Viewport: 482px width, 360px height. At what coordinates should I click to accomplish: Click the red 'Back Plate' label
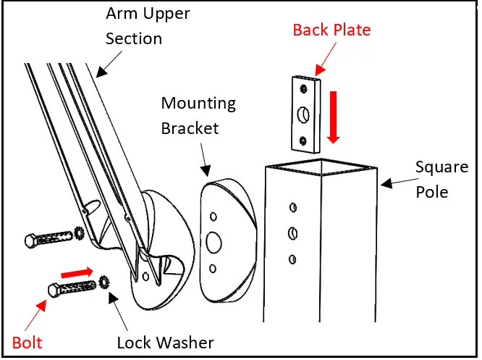click(331, 30)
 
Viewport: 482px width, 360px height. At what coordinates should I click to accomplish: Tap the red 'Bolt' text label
click(28, 341)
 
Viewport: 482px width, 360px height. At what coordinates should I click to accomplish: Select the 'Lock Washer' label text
click(165, 341)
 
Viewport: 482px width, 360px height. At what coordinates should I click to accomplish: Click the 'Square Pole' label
click(441, 179)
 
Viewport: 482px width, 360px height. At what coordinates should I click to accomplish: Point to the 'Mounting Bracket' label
click(198, 115)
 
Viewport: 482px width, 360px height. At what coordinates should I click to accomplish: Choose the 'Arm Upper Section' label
click(140, 26)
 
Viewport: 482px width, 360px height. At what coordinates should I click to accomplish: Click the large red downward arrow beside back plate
click(333, 118)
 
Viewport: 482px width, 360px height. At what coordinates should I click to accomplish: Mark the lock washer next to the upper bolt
click(80, 233)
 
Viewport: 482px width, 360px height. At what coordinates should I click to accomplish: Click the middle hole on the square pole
click(293, 233)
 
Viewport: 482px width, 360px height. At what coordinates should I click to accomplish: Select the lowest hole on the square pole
click(293, 258)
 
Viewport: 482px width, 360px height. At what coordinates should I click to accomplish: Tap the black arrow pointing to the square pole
click(394, 182)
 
